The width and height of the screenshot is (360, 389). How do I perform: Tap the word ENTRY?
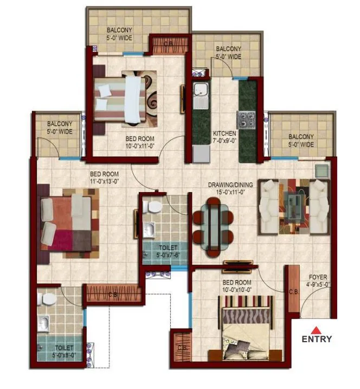[317, 340]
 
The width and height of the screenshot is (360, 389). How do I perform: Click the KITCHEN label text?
[223, 133]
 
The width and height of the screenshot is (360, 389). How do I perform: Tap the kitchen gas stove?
[247, 120]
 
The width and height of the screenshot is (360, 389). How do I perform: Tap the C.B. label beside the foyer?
[293, 291]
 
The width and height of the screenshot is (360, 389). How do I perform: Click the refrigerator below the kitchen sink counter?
[201, 154]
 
